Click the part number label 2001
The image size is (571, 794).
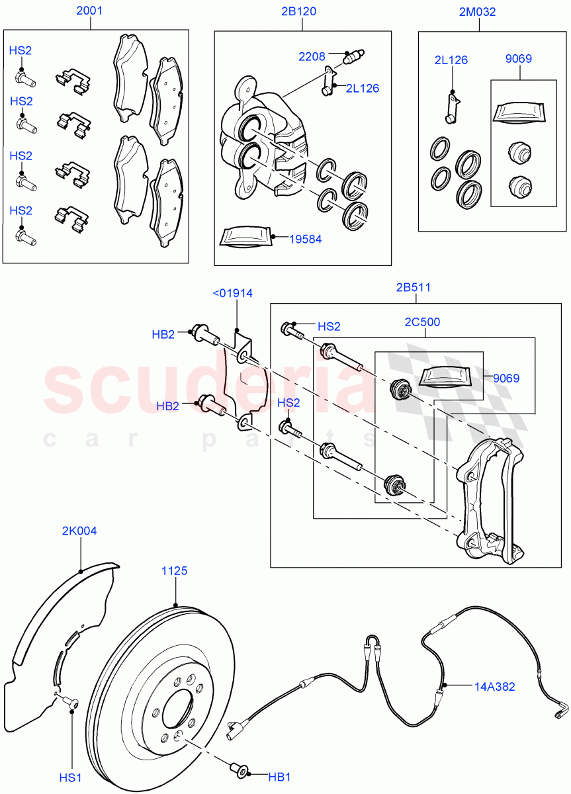(x=89, y=11)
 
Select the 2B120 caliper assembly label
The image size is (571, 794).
(x=302, y=11)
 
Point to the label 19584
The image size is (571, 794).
(x=305, y=239)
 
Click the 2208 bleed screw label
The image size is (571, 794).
(x=312, y=57)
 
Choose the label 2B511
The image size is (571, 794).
(x=414, y=287)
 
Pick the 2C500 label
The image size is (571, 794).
(x=423, y=322)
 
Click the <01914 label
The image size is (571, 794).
(x=232, y=293)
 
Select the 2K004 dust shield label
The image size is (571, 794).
(x=79, y=531)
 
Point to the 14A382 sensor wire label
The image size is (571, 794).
(x=494, y=687)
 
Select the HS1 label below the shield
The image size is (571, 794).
(x=71, y=777)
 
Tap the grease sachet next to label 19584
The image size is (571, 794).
(x=245, y=236)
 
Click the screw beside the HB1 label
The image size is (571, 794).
(x=241, y=770)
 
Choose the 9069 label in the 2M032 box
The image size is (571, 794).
(x=519, y=59)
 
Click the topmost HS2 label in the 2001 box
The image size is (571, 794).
(x=21, y=50)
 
